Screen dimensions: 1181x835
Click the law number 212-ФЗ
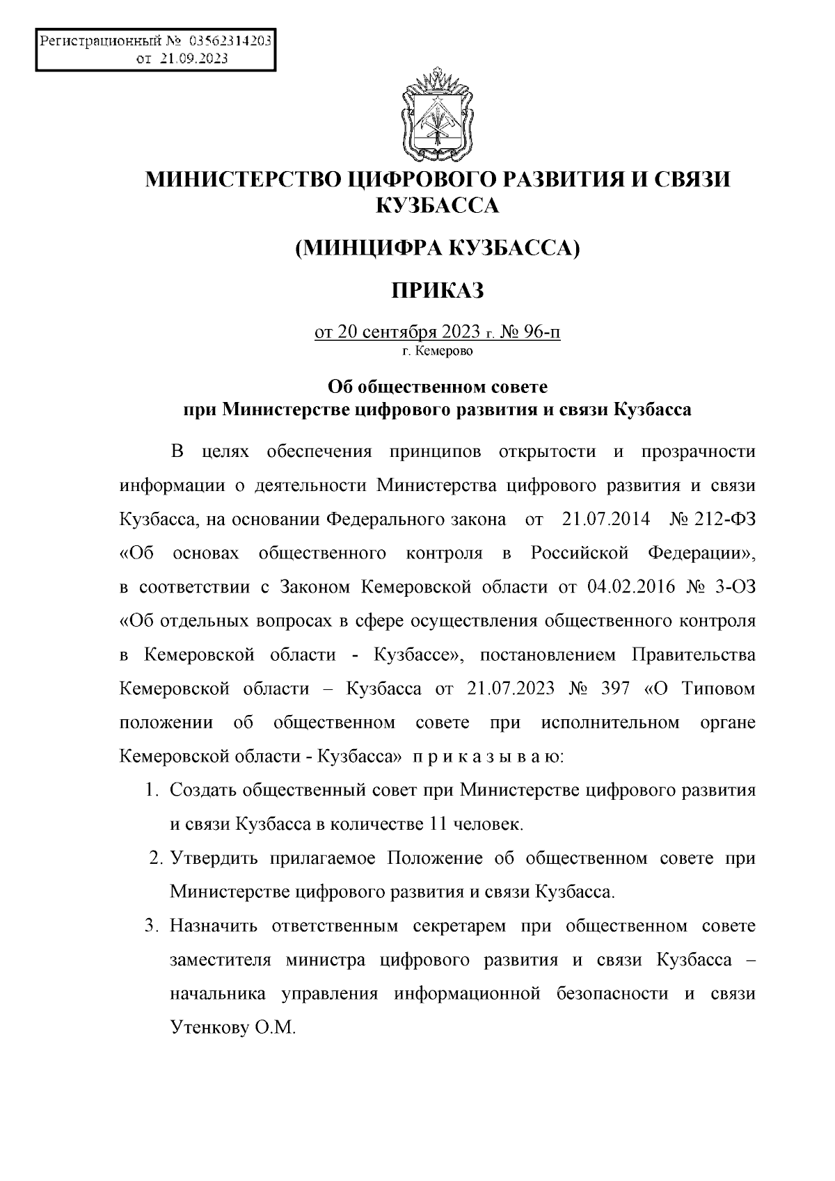(724, 519)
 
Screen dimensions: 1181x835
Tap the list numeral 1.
(150, 791)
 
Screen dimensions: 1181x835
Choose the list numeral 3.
(150, 926)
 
